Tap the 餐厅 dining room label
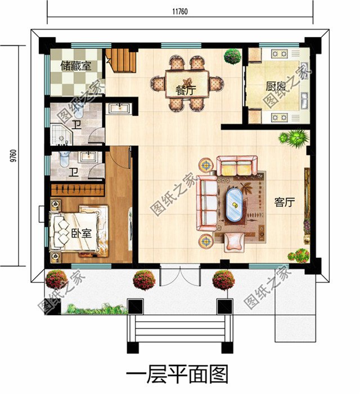[x=186, y=89]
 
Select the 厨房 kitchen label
[x=276, y=87]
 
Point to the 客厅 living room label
[x=285, y=203]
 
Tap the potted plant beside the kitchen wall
[x=231, y=56]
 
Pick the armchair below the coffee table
[x=233, y=241]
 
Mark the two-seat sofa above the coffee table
[x=236, y=167]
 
